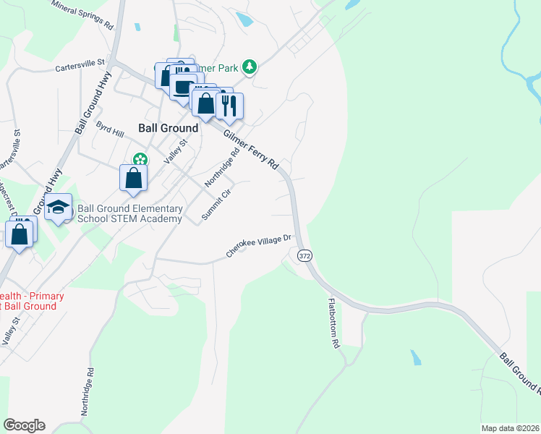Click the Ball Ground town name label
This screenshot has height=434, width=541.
point(168,128)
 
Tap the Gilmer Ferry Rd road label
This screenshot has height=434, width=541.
point(251,150)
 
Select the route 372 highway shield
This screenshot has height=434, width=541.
point(304,255)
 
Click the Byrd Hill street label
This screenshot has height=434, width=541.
point(110,129)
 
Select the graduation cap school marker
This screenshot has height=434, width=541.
point(58,208)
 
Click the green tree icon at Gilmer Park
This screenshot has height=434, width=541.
point(250,67)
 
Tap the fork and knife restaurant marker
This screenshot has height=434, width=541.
point(229,106)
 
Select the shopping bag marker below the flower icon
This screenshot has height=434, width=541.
point(133,178)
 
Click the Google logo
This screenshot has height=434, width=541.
point(24,425)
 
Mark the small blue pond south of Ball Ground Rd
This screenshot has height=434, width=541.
point(415,357)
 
